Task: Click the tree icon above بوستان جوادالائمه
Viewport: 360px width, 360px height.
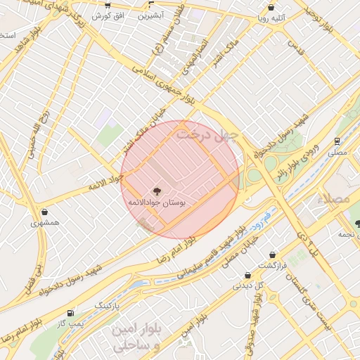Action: [x=156, y=190]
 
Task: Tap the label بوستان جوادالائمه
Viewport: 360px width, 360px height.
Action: [x=156, y=202]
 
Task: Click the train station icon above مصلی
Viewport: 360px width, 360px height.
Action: [x=338, y=141]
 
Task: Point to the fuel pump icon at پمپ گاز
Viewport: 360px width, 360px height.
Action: [x=70, y=313]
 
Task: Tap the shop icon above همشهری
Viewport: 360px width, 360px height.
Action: [x=45, y=212]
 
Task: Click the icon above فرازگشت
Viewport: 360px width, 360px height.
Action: [x=272, y=255]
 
